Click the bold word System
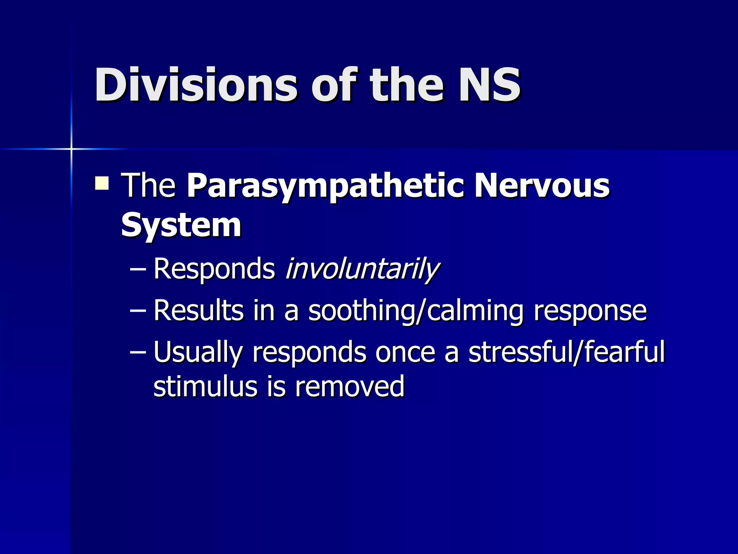coord(181,225)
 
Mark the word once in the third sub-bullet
coord(405,352)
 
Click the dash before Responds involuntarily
coord(138,269)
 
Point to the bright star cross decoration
coord(71,149)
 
